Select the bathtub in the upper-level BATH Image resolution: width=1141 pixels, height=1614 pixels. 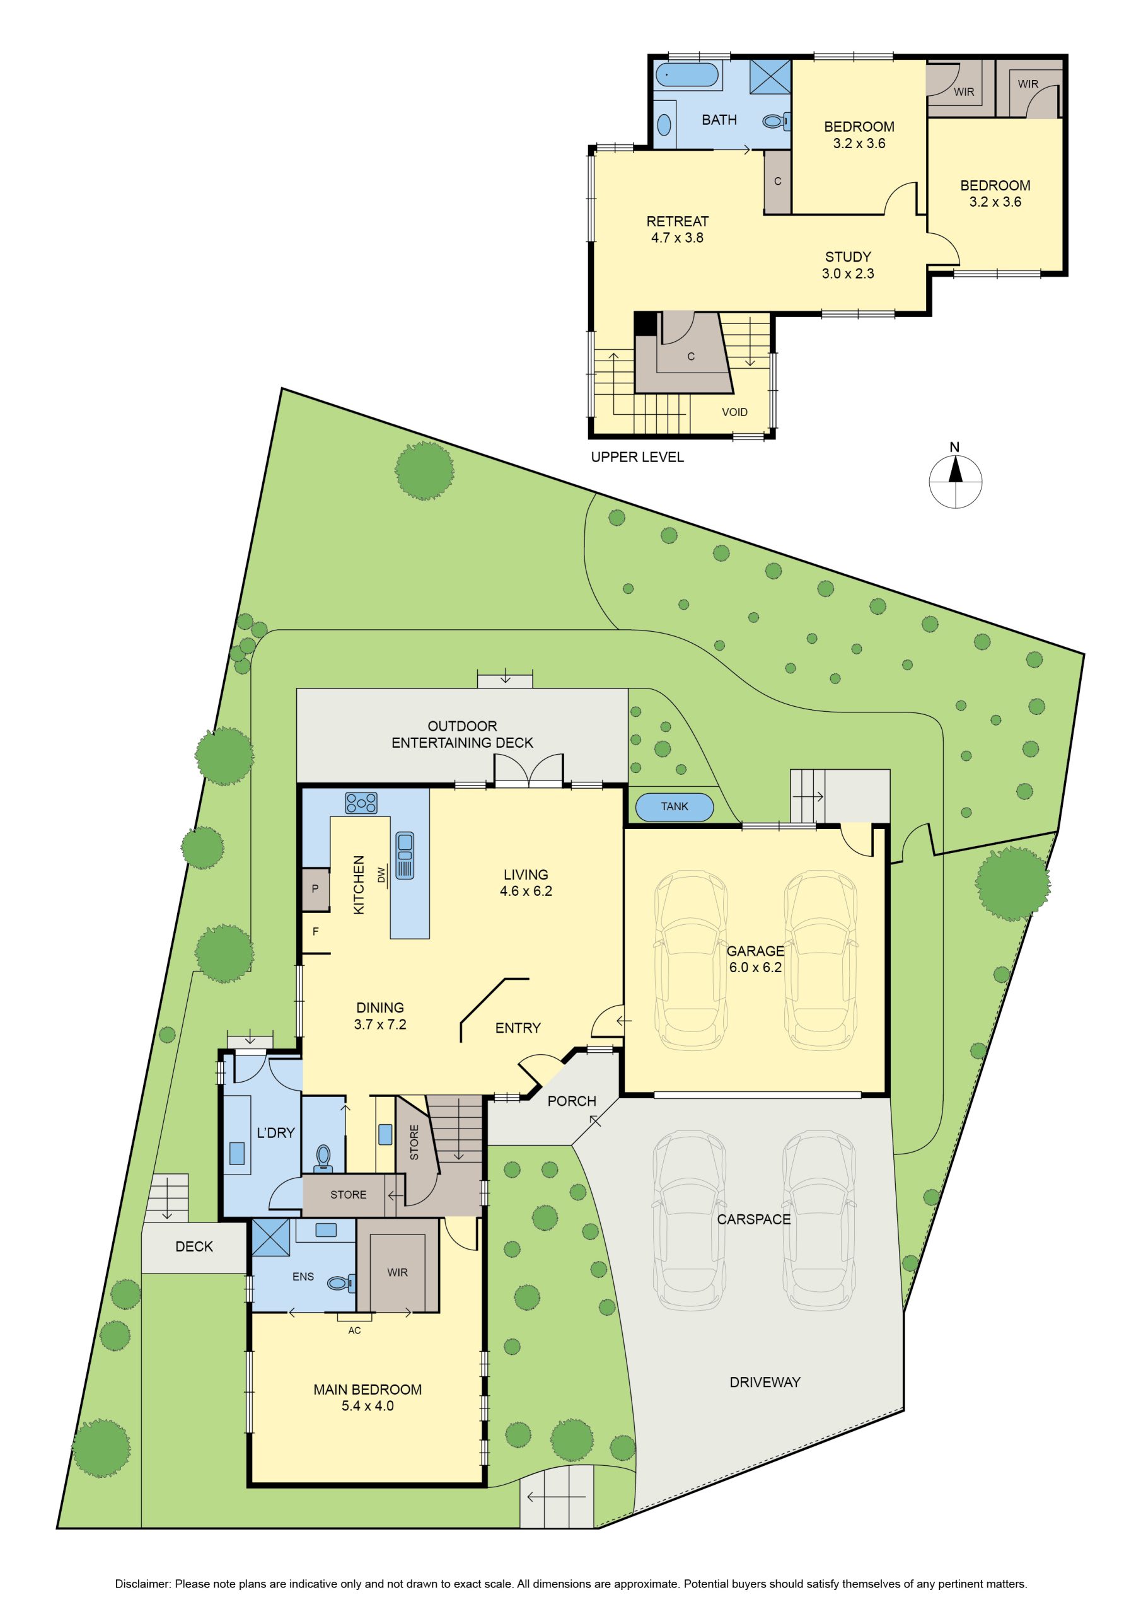[x=687, y=76]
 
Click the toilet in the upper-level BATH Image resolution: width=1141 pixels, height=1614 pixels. [x=777, y=122]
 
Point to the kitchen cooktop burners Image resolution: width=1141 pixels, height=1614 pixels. [x=361, y=803]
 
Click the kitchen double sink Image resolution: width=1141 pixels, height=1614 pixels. [x=405, y=856]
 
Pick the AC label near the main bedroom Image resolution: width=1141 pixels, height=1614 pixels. [x=354, y=1331]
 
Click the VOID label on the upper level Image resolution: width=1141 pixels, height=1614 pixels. [x=734, y=412]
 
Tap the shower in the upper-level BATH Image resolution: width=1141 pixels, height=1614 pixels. [x=770, y=77]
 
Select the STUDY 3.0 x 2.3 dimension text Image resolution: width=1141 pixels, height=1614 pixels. [x=848, y=274]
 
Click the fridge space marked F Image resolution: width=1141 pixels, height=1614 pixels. [x=316, y=931]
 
